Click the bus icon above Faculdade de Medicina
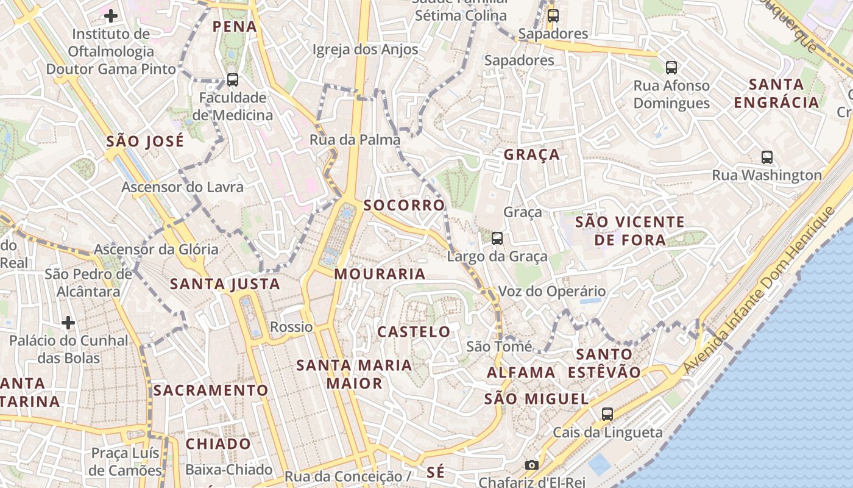coord(232,79)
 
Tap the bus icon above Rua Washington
coord(767,157)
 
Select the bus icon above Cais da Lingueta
coord(607,414)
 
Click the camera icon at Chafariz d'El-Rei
coord(531,465)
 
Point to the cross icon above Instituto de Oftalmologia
coord(111,15)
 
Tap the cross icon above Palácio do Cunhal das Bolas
coord(68,321)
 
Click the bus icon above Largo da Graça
coord(497,238)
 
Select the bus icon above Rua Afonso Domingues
coord(671,67)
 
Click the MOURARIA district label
coord(380,274)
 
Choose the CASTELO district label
coord(414,332)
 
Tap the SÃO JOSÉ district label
coord(145,142)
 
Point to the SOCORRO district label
coord(405,205)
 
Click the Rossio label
coord(291,327)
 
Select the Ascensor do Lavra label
coord(182,187)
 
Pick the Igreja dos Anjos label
coord(365,49)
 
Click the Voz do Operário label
coord(552,291)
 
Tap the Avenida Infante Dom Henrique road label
coord(759,290)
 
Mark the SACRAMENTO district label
coord(211,390)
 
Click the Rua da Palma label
coord(355,140)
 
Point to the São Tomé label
coord(499,346)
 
